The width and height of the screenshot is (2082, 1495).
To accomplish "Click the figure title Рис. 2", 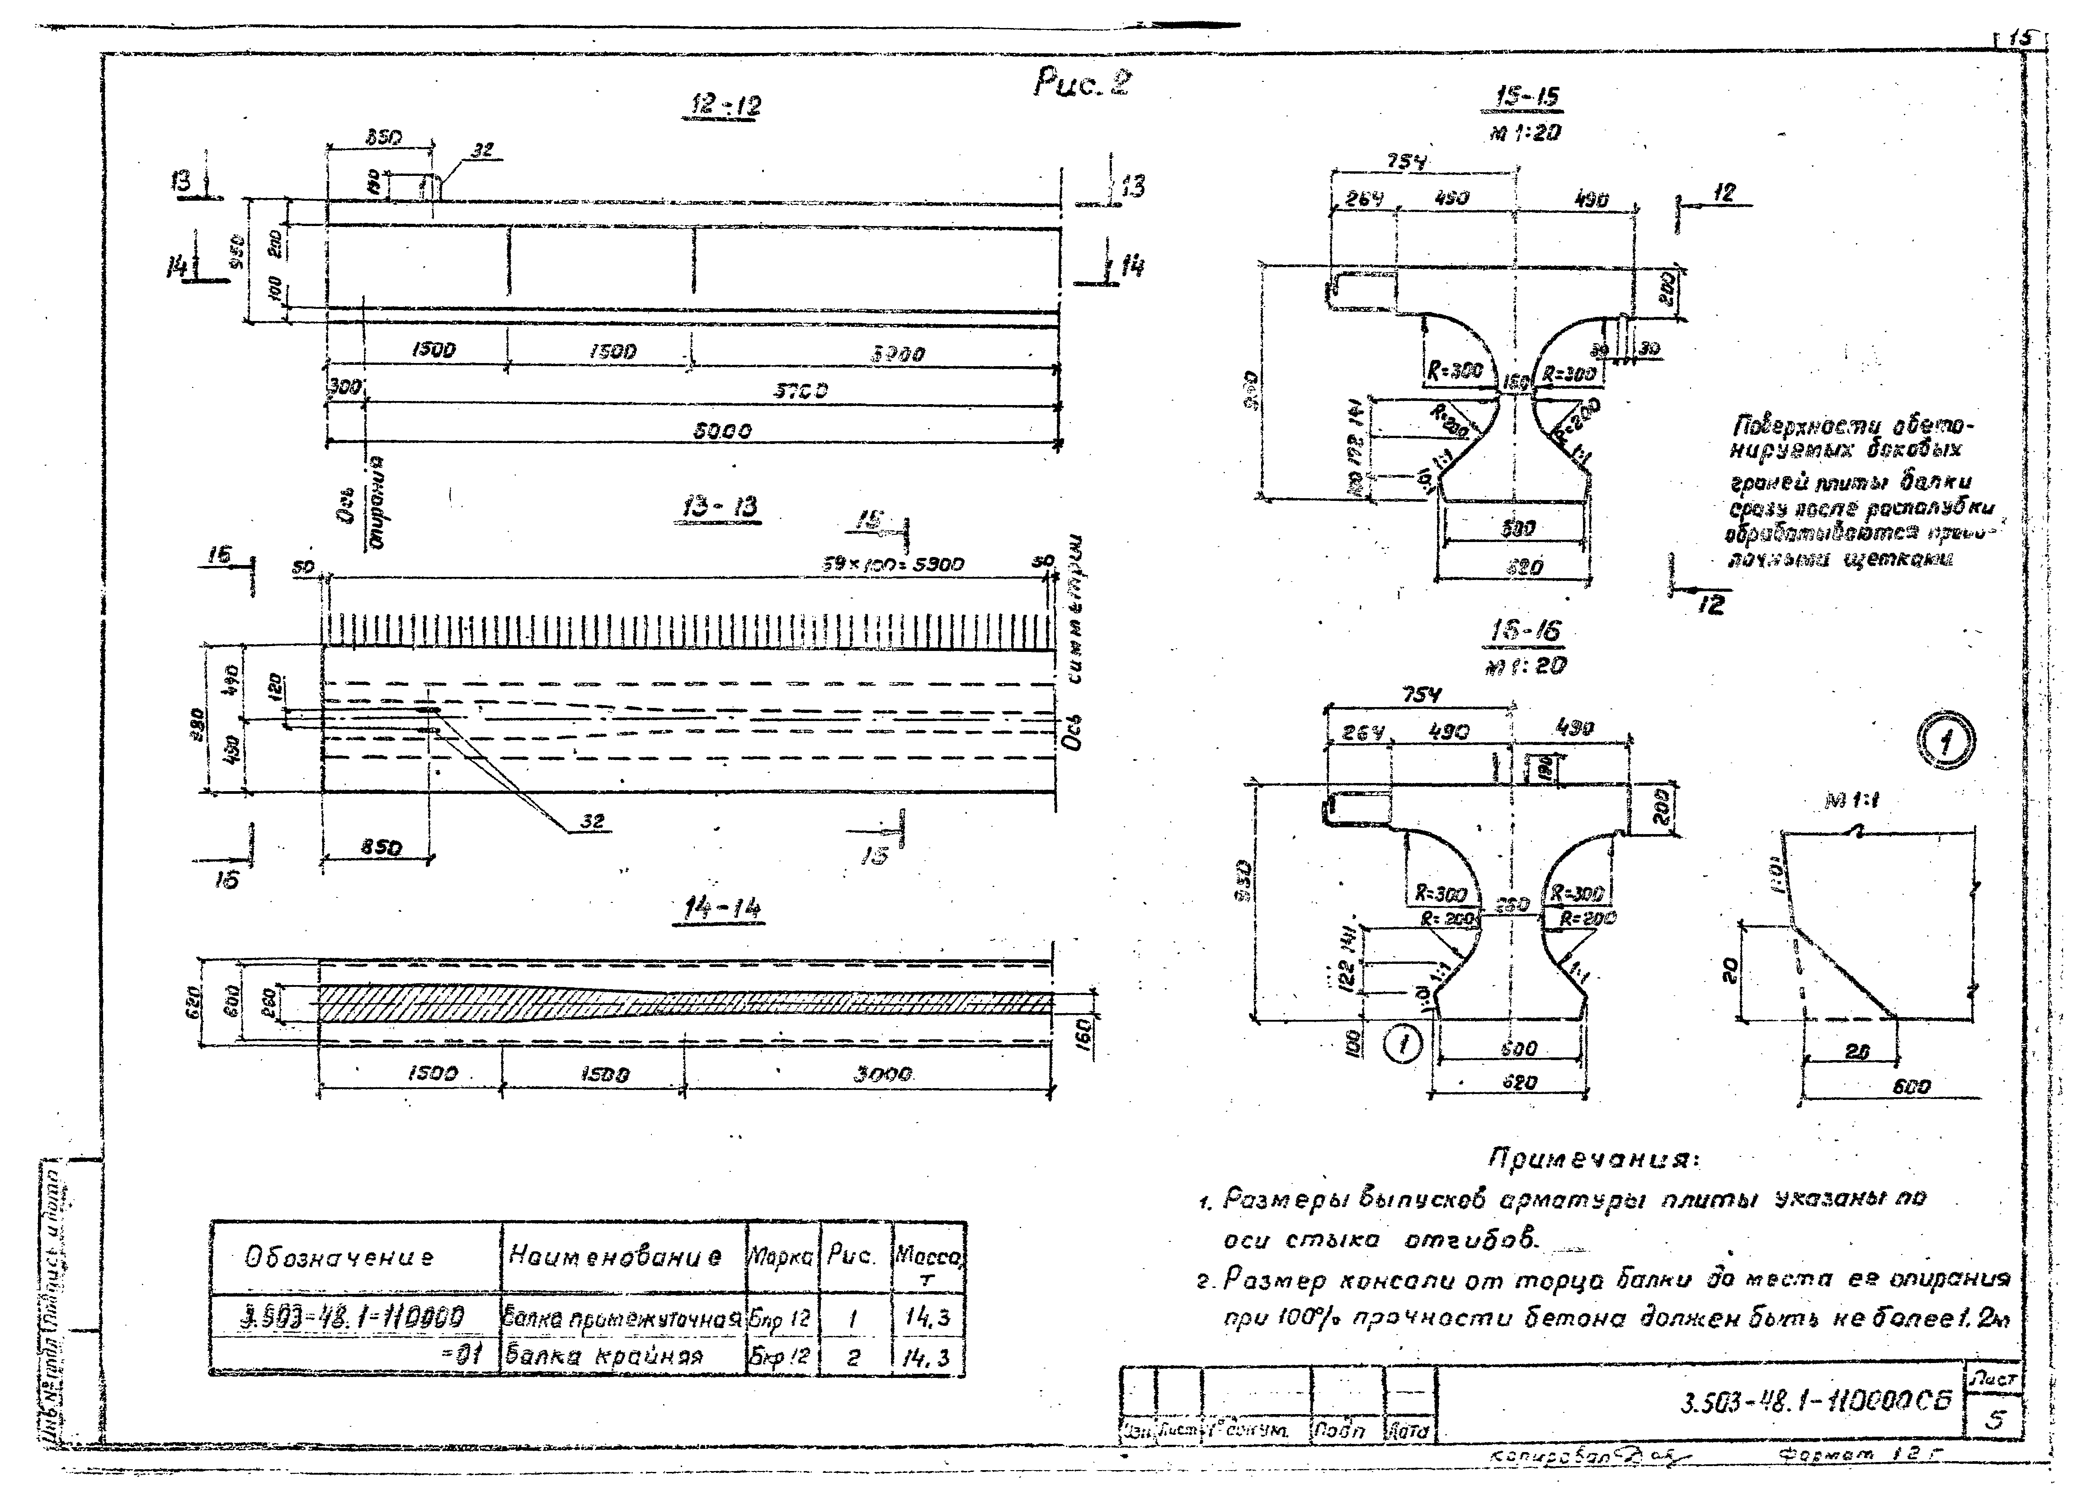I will pyautogui.click(x=1081, y=85).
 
